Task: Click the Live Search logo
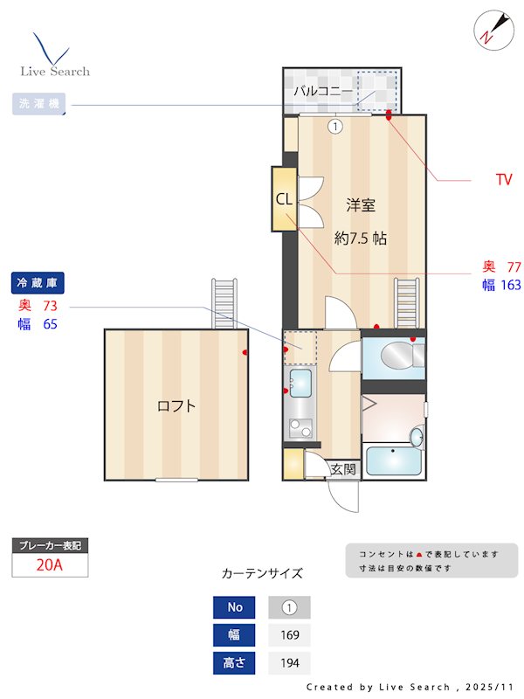click(x=54, y=56)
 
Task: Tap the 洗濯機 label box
click(x=38, y=105)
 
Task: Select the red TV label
click(x=503, y=180)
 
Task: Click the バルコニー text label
click(x=322, y=90)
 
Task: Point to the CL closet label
click(x=284, y=199)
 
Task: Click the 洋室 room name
click(x=361, y=206)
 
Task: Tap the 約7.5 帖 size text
click(x=361, y=238)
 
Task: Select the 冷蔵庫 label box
click(x=38, y=283)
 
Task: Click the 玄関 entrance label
click(x=343, y=469)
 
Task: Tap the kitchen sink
click(x=300, y=383)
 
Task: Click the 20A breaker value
click(x=50, y=564)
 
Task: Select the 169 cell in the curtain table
click(x=289, y=635)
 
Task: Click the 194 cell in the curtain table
click(x=289, y=663)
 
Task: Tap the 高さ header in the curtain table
click(x=234, y=663)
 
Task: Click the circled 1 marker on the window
click(x=335, y=126)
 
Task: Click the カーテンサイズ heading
click(x=262, y=574)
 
